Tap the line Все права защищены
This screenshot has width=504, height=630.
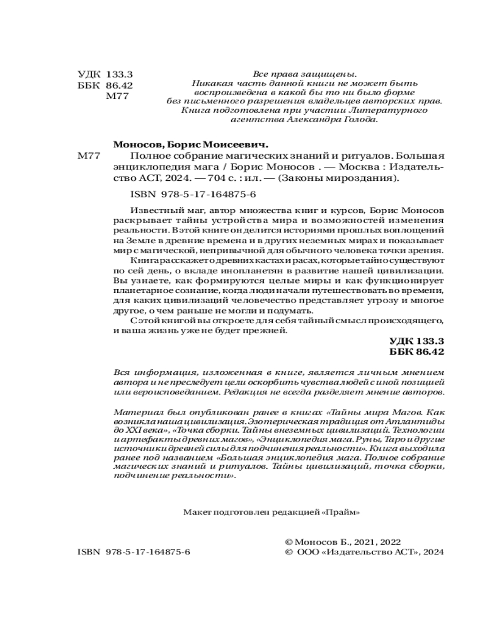point(304,73)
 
